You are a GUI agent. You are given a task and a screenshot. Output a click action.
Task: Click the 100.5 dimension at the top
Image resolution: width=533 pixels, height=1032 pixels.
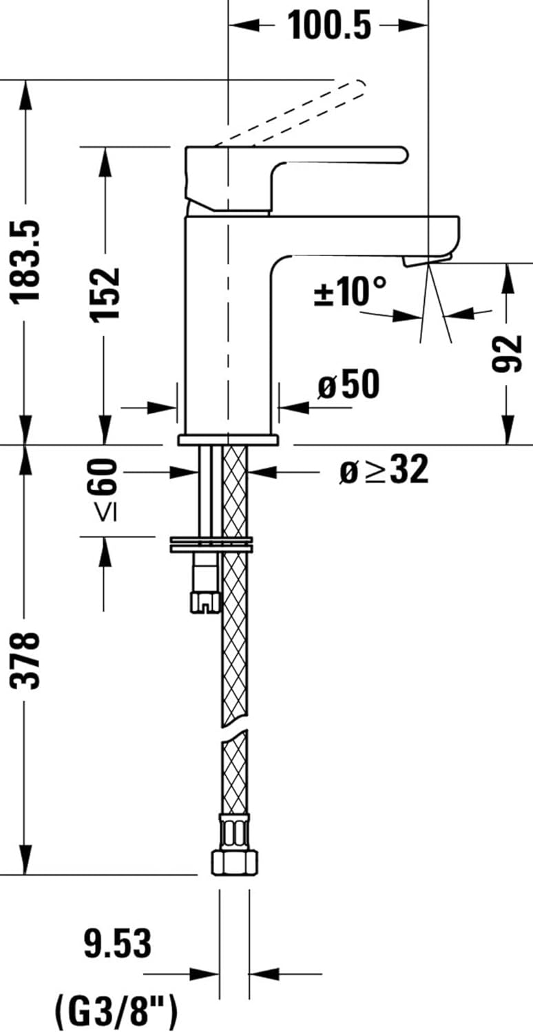coord(328,25)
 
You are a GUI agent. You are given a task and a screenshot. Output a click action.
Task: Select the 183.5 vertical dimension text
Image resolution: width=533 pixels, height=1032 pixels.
coord(28,261)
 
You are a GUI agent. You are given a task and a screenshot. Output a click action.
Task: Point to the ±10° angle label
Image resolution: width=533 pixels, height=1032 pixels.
coord(350,291)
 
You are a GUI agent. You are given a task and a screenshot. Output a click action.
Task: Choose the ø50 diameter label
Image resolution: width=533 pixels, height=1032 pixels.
coord(348,385)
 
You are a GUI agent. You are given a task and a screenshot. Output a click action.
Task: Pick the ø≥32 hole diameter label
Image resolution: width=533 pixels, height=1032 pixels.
coord(384,471)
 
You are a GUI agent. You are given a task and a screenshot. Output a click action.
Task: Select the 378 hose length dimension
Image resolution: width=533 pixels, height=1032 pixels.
coord(28,660)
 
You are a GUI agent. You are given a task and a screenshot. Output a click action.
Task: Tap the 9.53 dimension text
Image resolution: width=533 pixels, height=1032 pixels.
coord(117,945)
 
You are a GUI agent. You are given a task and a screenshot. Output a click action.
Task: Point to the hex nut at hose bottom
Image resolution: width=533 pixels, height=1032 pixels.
coord(233,861)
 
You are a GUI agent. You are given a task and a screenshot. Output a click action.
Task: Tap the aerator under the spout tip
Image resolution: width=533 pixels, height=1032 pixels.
coord(427,259)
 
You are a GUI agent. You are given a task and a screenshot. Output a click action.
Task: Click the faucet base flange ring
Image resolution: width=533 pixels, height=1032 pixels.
coord(228,440)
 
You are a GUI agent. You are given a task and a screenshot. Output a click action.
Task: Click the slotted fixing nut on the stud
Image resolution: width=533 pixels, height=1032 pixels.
coord(205,602)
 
